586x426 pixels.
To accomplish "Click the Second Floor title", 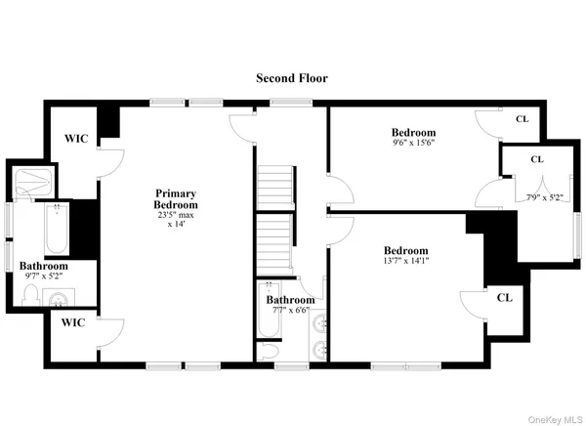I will click(292, 77).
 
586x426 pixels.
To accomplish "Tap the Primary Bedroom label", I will click(176, 199).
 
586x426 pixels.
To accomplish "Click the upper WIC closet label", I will click(75, 139).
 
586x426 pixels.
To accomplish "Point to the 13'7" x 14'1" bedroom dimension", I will click(405, 261).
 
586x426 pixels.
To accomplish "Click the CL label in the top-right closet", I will click(523, 120).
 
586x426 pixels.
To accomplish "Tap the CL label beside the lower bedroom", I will click(504, 297).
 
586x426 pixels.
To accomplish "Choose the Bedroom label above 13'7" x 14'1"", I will click(405, 250).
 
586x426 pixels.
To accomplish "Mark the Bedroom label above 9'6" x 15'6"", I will click(413, 132).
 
